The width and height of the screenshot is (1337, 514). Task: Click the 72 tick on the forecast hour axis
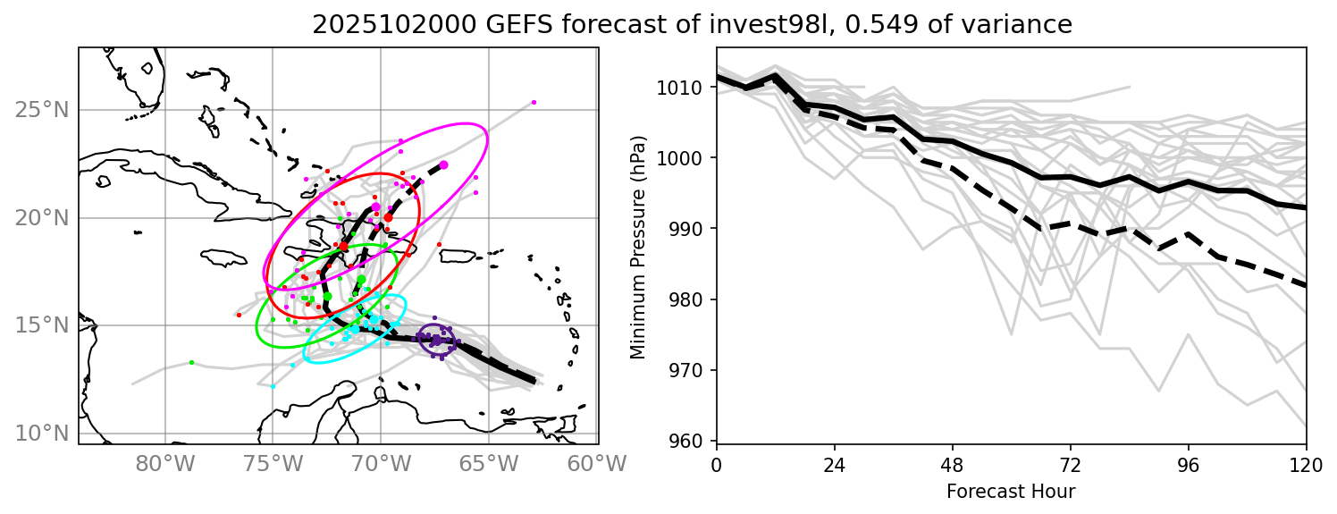pos(1070,465)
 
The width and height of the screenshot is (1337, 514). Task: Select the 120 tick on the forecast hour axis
pos(1306,465)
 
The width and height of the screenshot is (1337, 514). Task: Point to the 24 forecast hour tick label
pos(834,465)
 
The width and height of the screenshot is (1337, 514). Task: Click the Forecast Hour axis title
pos(1011,491)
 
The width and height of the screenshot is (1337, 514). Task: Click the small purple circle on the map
pos(437,341)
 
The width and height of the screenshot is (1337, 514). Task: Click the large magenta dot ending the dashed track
pos(444,165)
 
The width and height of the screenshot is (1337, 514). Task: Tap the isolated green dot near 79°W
pos(191,362)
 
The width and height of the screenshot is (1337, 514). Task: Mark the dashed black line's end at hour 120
pos(1306,286)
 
